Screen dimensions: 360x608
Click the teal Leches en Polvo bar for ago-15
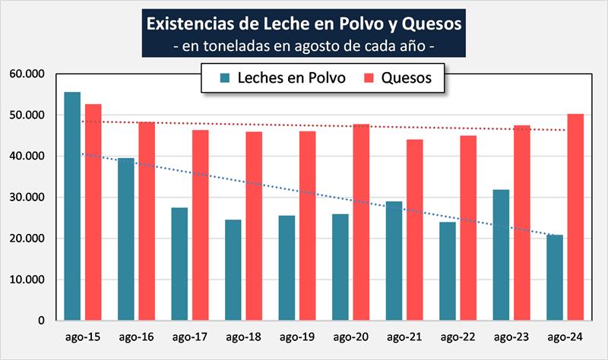pos(72,206)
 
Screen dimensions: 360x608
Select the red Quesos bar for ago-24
pos(575,217)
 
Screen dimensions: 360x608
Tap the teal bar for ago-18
pos(233,270)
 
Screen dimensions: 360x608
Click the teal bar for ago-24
pos(555,277)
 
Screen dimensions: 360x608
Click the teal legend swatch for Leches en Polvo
pos(226,77)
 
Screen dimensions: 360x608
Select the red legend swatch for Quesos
pos(370,77)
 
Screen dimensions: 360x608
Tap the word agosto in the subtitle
pos(327,46)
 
